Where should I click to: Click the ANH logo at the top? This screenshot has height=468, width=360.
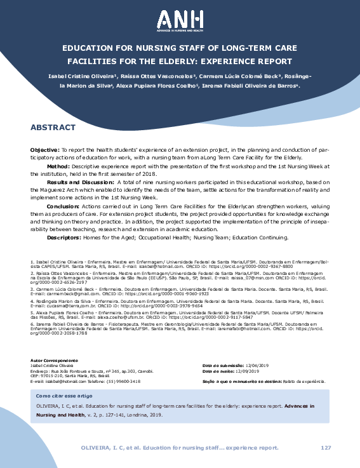[x=180, y=20]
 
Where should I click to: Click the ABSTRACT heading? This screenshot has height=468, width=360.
[x=53, y=109]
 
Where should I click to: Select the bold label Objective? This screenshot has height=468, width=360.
[x=45, y=131]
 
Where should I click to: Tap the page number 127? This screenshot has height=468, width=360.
[x=326, y=448]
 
